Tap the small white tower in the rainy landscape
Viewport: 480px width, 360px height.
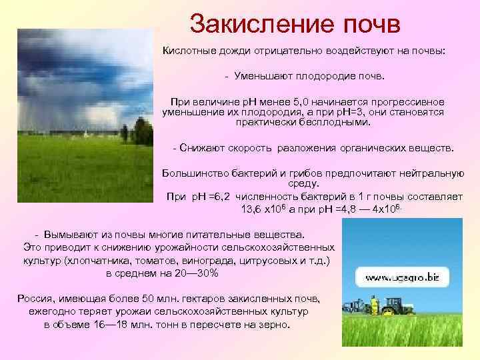point(87,133)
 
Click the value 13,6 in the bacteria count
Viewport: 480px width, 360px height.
point(253,207)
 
